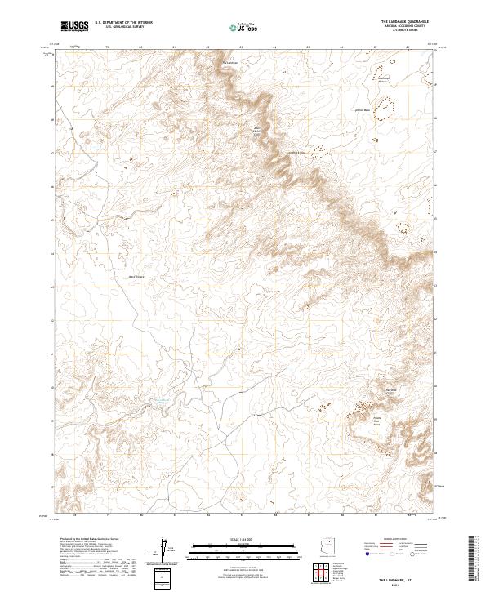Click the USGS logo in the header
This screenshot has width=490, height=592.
coord(74,27)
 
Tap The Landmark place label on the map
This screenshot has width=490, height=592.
coord(231,61)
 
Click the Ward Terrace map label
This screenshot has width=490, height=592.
coord(136,277)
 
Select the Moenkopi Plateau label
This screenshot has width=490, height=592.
coord(383,79)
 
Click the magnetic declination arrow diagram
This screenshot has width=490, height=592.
coord(167,550)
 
